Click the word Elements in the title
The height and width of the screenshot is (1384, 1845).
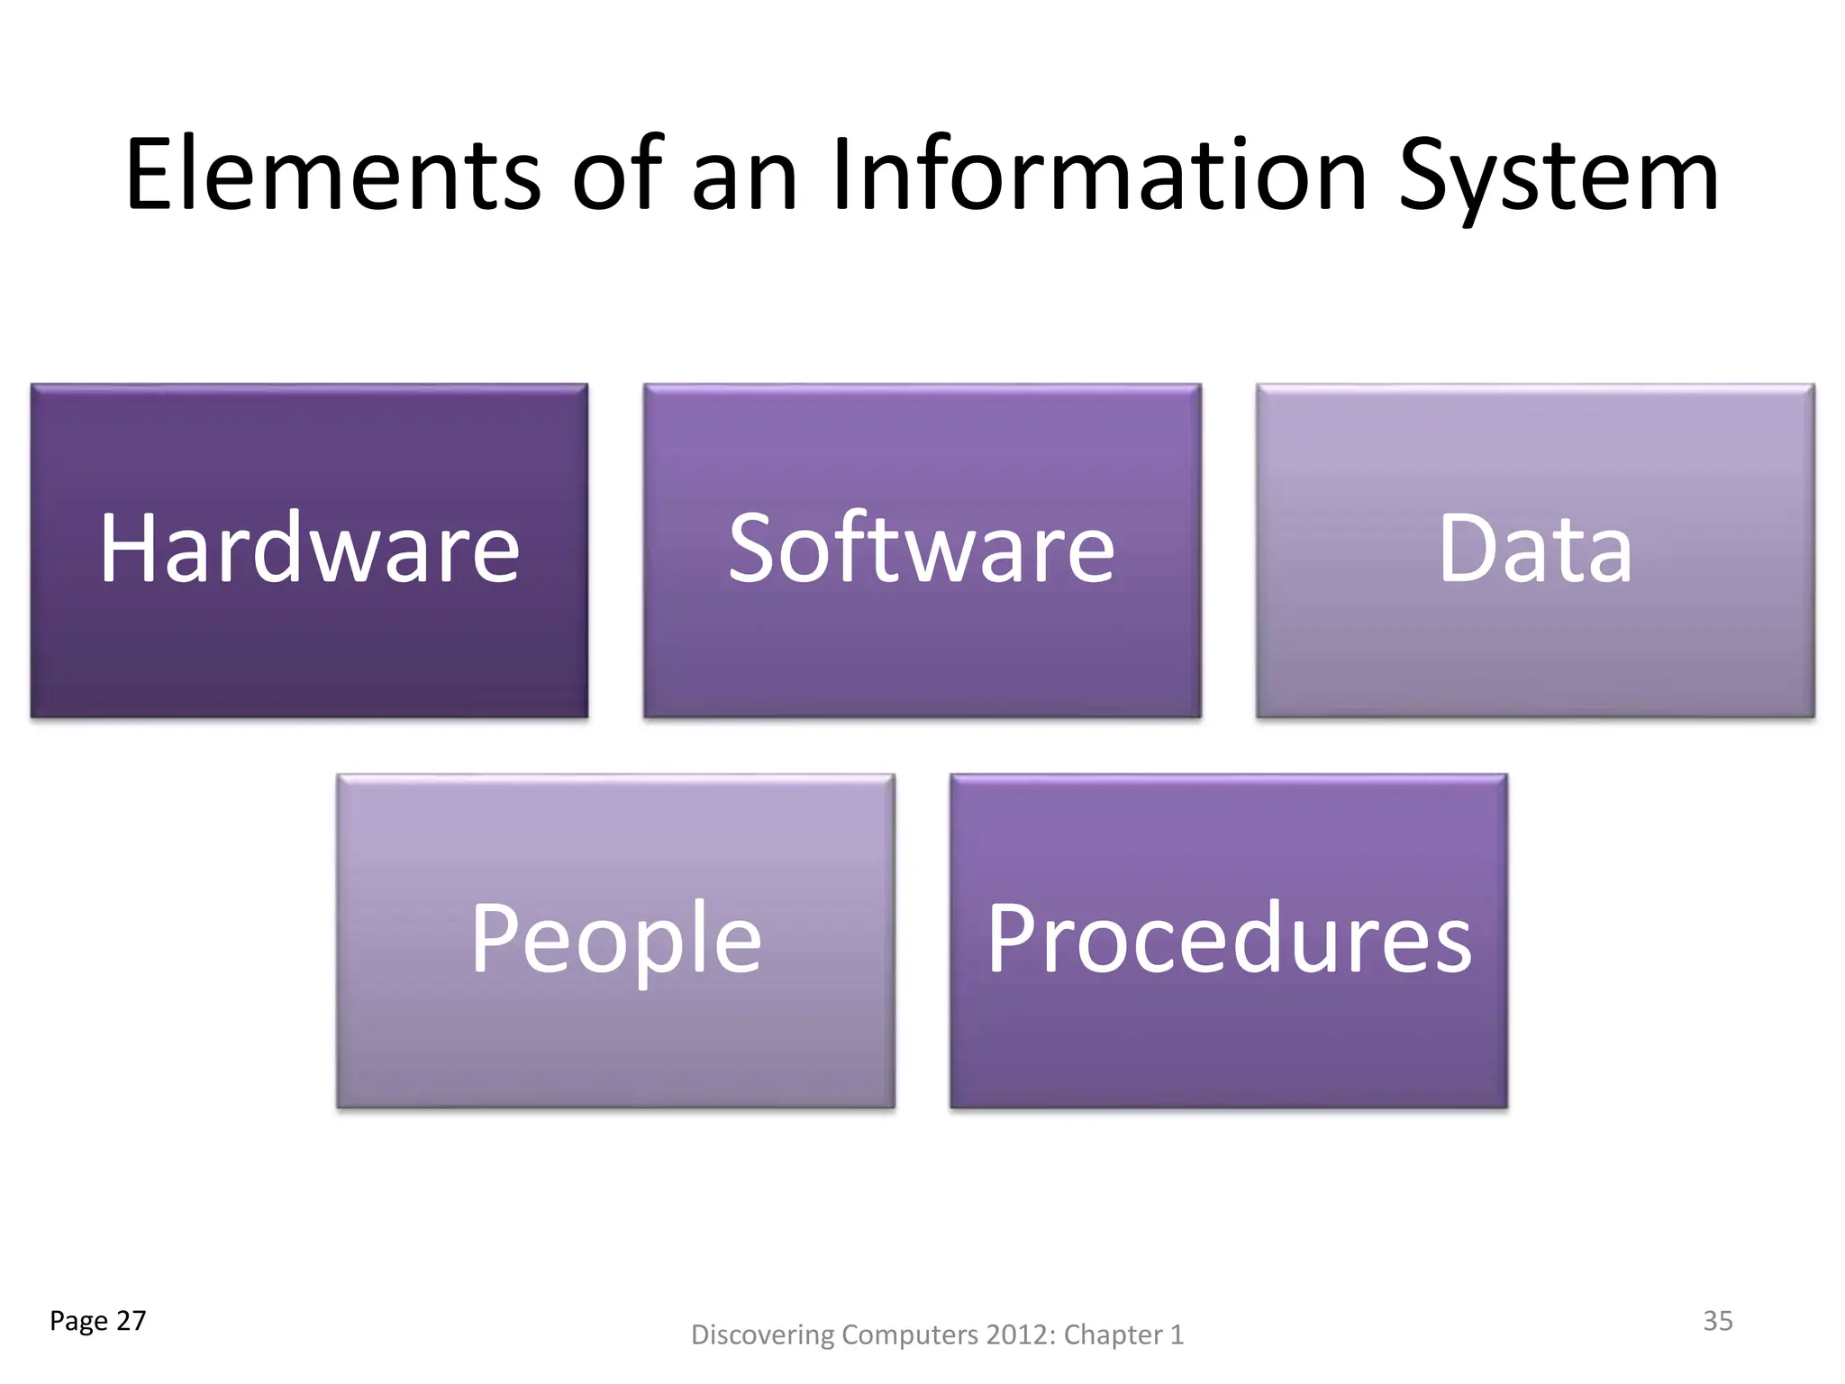coord(332,176)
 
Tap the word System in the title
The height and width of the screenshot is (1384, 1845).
coord(1559,178)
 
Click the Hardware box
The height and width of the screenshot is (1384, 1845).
coord(309,551)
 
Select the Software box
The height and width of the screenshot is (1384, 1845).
coord(922,551)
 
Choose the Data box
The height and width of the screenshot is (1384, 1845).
coord(1535,551)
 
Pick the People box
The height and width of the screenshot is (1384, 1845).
coord(615,941)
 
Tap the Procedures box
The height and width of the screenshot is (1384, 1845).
coord(1229,941)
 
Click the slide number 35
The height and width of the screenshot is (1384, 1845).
coord(1717,1321)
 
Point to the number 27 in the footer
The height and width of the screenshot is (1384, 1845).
coord(132,1321)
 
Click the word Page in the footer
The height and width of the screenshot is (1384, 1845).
coord(78,1322)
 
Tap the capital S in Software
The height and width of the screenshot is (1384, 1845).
coord(753,547)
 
